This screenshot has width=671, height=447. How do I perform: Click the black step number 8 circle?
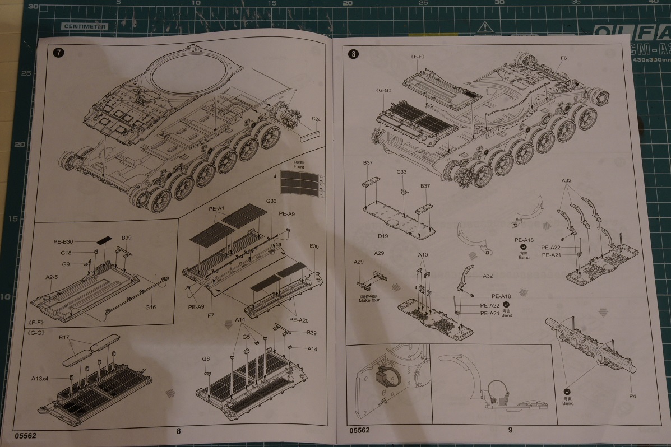coord(353,54)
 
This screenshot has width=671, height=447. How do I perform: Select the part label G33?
coord(271,201)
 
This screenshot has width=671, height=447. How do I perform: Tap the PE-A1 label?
coord(216,209)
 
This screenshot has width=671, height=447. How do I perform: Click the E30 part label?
coord(313,247)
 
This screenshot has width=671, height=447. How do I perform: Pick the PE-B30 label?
coord(63,242)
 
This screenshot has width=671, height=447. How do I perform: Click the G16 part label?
coord(150,307)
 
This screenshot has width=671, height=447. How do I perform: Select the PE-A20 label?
coord(299,320)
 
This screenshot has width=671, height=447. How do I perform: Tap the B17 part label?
coord(63,338)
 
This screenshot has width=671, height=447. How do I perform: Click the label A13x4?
coord(40,379)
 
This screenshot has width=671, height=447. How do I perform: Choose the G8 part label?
coord(206,358)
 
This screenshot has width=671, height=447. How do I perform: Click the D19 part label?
coord(383,236)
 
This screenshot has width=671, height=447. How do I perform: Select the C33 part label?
coord(401,171)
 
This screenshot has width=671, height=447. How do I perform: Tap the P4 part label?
coord(632,396)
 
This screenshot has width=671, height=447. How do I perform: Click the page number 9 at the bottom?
coord(511,430)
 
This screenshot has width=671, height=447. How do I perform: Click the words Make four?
coord(369,300)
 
